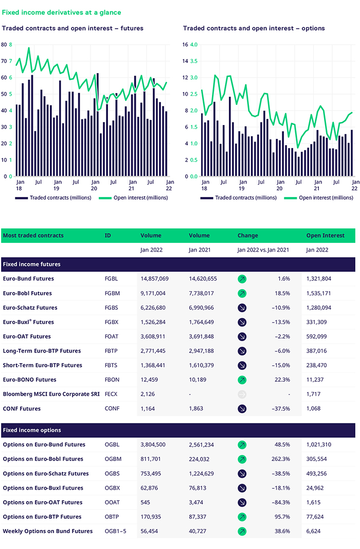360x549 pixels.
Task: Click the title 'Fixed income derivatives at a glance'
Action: [62, 12]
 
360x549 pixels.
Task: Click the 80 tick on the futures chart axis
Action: [4, 45]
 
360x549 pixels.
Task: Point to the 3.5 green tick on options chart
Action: [194, 61]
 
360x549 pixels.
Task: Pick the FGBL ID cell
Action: [111, 279]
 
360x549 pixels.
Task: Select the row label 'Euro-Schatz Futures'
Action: [30, 308]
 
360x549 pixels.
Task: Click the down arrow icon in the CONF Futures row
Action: [242, 409]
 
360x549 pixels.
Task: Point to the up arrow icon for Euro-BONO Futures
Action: [242, 380]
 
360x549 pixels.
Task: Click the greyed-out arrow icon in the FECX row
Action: [242, 394]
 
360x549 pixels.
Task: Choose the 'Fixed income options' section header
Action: [32, 430]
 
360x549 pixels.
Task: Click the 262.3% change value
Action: [280, 459]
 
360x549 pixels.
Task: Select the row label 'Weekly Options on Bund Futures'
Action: [48, 531]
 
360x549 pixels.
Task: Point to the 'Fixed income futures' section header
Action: [32, 264]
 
